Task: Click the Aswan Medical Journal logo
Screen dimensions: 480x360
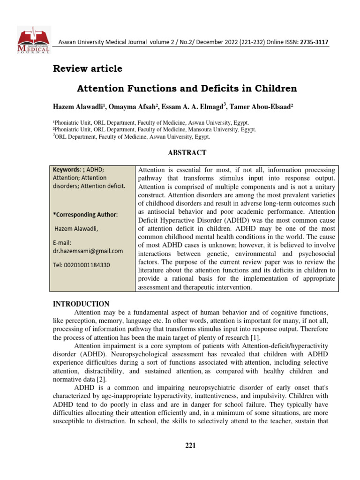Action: pos(33,40)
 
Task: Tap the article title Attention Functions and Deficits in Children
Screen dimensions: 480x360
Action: pos(187,88)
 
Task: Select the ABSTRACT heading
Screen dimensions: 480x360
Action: pos(187,153)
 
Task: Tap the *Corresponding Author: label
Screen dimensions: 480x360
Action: pos(85,215)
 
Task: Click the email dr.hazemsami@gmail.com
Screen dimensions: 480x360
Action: pos(88,251)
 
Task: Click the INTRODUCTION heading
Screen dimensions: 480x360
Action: pos(81,304)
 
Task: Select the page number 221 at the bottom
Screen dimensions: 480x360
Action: pos(190,445)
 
